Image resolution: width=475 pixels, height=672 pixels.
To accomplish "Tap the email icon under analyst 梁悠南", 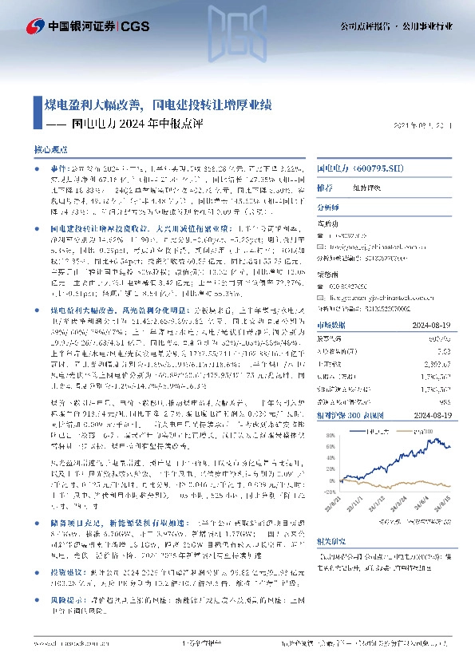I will [323, 295].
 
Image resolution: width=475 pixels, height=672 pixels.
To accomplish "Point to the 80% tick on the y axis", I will [326, 436].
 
